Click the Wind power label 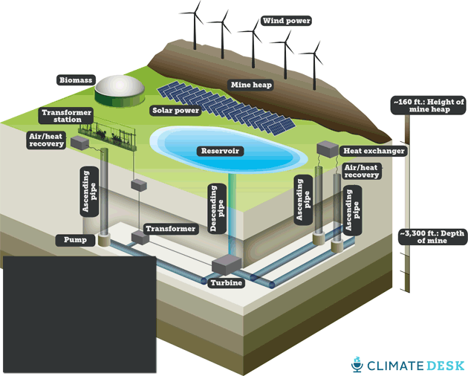[282, 21]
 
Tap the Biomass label [74, 79]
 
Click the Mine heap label [251, 85]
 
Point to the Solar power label [176, 111]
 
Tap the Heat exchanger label [374, 151]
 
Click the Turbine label [224, 283]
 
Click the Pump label [74, 240]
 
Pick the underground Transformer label [171, 229]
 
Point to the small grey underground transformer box [138, 236]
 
